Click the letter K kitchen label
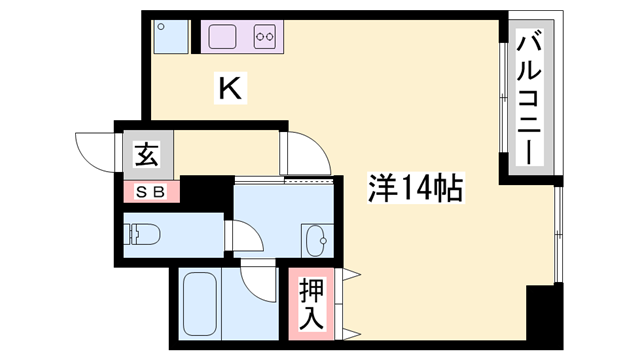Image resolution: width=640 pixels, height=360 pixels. [230, 89]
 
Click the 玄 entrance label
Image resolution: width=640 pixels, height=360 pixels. [147, 155]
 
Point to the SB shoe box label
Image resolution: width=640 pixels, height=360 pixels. [151, 190]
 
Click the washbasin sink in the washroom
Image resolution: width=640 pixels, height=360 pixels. [318, 240]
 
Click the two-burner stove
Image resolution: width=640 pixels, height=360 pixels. [265, 38]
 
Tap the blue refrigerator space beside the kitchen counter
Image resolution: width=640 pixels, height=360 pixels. [166, 36]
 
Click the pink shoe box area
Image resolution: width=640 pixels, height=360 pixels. [151, 190]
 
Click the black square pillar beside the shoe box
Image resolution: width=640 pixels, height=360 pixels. [199, 192]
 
